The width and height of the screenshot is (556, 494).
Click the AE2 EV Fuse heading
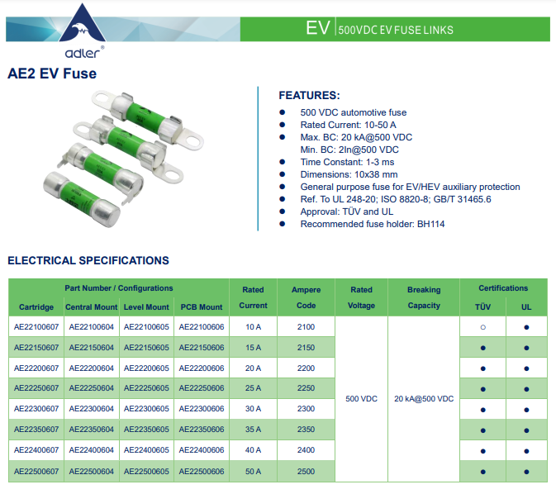point(52,74)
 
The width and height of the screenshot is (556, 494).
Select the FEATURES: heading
point(309,96)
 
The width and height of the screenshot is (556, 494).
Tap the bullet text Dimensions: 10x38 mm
point(349,174)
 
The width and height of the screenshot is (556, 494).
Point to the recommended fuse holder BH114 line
point(373,224)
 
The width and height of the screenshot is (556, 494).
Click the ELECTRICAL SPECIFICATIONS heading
point(88,261)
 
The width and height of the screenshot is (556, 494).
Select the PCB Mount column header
point(202,307)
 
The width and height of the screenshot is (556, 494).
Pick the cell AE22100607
point(36,327)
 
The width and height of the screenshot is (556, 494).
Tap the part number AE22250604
point(93,388)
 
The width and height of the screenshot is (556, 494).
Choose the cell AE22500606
point(202,471)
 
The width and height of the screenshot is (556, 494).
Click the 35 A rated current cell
point(253,430)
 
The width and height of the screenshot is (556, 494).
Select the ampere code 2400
point(306,450)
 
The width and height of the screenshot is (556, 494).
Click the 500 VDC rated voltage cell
point(361,399)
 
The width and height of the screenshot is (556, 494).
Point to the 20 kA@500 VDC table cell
point(424,399)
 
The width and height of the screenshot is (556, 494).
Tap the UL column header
point(526,307)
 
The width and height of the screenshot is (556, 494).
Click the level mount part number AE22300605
point(146,409)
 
